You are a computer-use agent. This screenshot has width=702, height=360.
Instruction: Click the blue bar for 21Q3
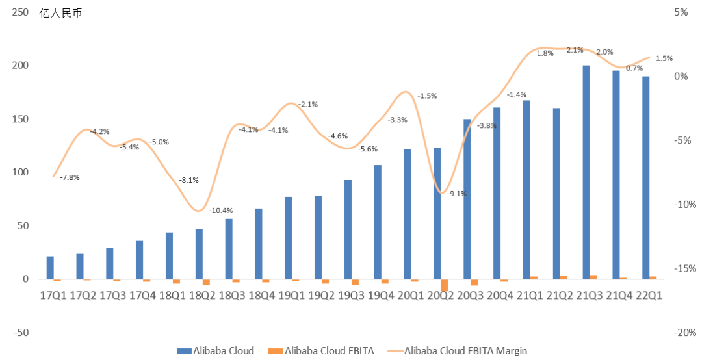586,172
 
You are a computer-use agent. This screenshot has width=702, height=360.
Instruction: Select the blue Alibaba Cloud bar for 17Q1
50,268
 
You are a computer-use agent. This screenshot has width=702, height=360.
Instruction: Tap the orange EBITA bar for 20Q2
445,285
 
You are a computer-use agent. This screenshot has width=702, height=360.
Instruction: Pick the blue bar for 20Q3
467,199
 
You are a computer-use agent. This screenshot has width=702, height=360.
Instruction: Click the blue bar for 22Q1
645,178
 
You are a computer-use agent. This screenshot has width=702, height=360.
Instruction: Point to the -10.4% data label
221,211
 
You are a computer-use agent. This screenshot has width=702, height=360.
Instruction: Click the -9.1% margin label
457,194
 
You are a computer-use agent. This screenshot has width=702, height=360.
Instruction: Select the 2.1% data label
575,50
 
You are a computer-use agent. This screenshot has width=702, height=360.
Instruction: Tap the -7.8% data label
70,177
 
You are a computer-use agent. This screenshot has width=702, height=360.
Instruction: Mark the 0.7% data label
634,68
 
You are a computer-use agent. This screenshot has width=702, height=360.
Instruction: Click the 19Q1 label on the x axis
291,296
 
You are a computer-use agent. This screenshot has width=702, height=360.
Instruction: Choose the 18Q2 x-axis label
202,296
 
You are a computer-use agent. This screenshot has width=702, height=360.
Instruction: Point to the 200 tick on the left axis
20,66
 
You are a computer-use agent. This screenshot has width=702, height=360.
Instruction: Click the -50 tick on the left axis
21,333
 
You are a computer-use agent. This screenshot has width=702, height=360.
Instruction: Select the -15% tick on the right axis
685,268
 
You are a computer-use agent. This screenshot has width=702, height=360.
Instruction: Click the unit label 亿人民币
61,13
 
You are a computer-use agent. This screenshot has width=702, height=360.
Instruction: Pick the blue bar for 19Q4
378,222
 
